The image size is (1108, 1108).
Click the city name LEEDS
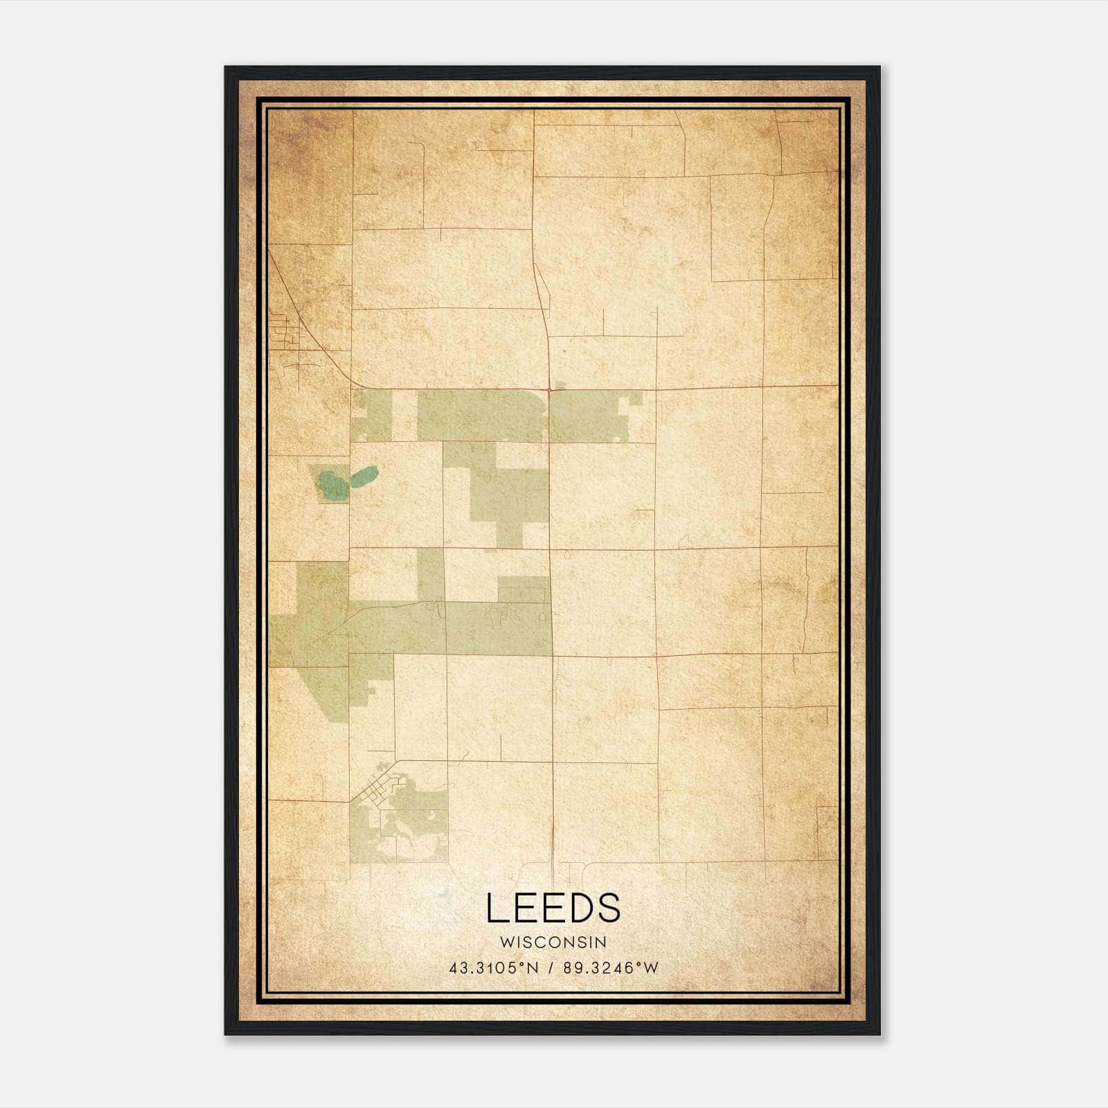[x=553, y=909]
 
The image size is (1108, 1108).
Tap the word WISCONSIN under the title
[x=553, y=942]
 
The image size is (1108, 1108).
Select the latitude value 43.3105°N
[x=493, y=968]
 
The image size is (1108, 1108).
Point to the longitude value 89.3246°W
[x=611, y=968]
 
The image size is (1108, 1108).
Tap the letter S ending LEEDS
[x=609, y=909]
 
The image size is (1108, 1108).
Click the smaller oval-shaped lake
[x=364, y=476]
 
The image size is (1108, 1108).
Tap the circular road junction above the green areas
[x=549, y=391]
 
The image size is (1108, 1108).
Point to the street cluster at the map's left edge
[x=288, y=339]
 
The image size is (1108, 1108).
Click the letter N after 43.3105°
[x=533, y=968]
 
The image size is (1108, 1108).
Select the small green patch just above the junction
[x=560, y=383]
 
